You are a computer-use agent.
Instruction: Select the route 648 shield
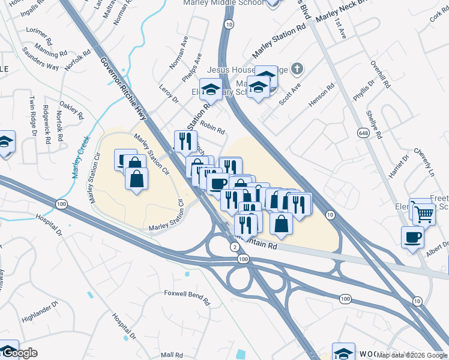click(x=363, y=132)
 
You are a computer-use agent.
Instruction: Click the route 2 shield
click(x=234, y=247)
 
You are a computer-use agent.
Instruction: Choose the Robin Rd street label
click(x=212, y=127)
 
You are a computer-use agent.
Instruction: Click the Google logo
click(x=19, y=353)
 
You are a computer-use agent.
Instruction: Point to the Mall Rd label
click(x=171, y=355)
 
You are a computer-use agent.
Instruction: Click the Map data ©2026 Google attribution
click(x=412, y=355)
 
